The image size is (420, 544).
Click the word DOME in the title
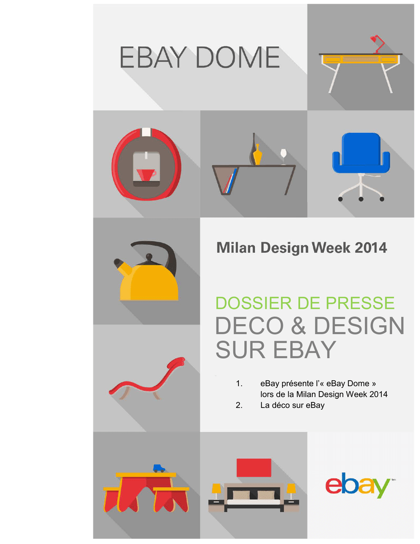[237, 57]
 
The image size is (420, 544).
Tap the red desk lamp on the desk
[377, 44]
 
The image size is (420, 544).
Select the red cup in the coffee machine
[145, 174]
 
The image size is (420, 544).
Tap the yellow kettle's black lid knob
[149, 258]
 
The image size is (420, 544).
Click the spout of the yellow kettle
[122, 267]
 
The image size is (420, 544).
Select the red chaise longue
[147, 380]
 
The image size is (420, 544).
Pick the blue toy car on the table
[159, 468]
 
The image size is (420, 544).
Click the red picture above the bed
[254, 467]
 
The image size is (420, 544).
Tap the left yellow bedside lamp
[217, 490]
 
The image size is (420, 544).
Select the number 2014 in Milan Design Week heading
[371, 248]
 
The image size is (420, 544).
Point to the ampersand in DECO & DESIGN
[298, 326]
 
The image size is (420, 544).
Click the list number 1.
[238, 384]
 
